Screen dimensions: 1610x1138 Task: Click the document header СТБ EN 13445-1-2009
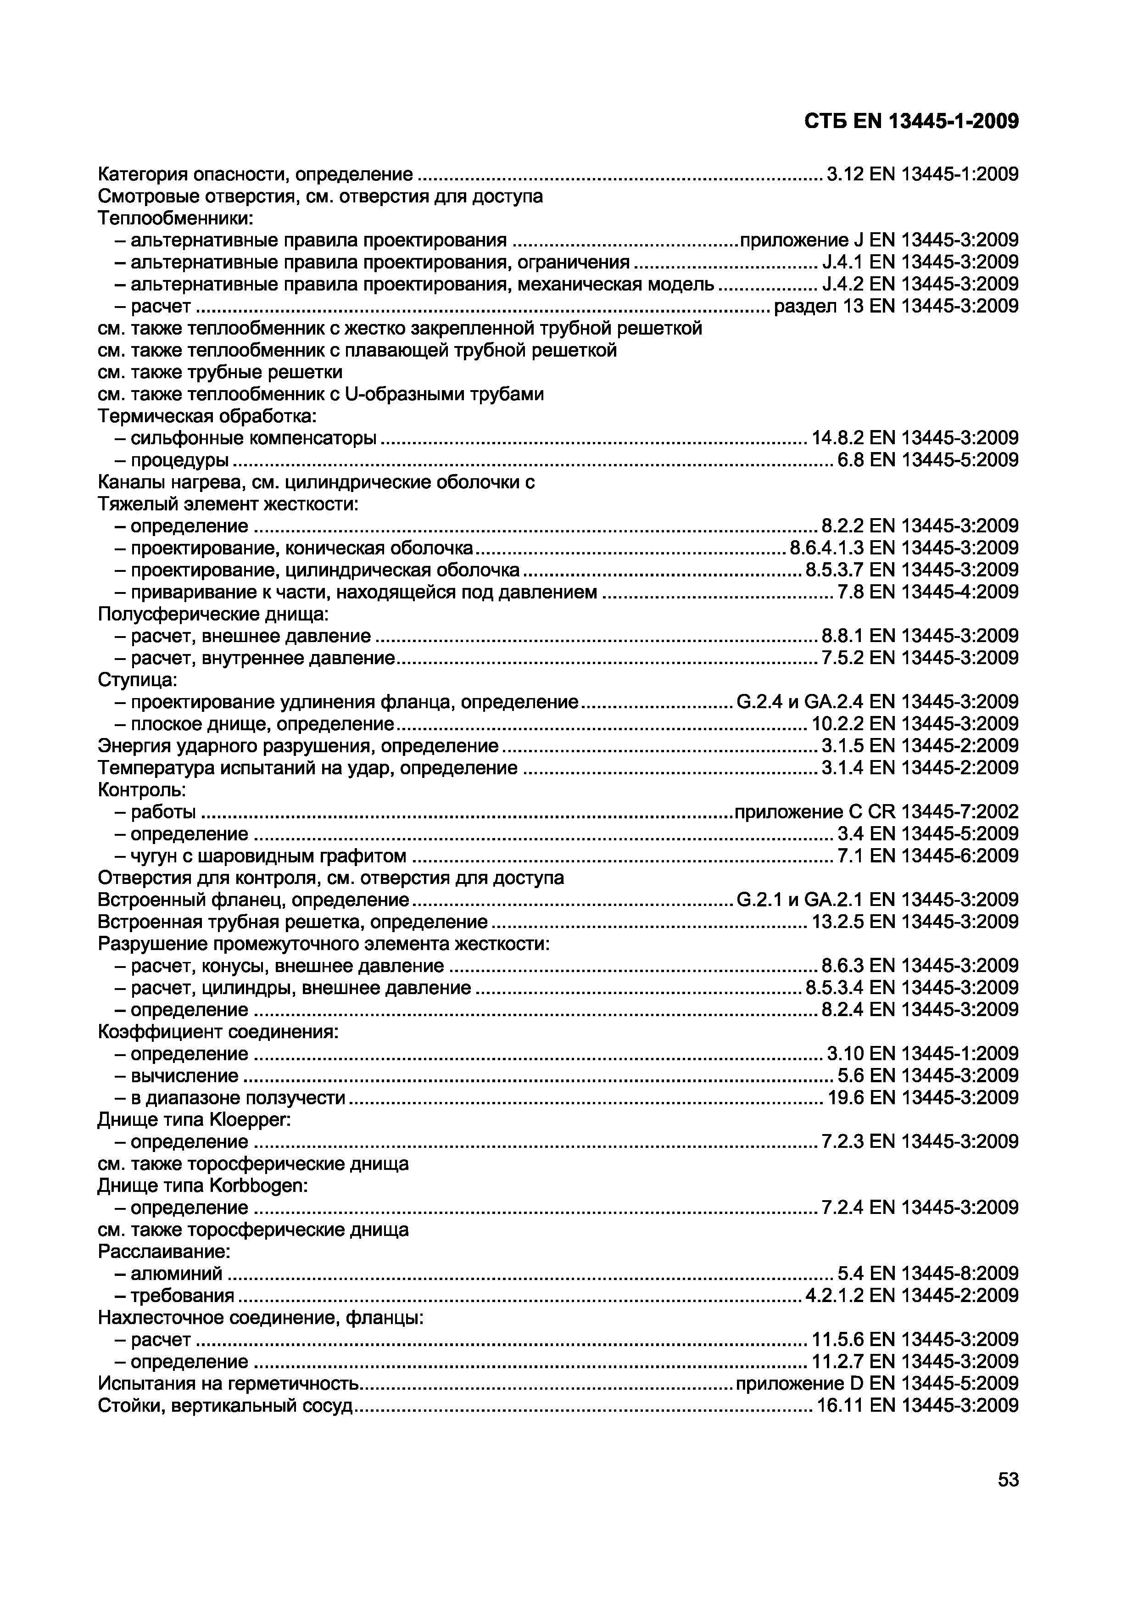click(911, 121)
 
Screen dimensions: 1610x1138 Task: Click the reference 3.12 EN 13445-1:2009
click(922, 174)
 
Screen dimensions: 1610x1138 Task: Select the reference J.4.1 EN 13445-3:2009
click(919, 262)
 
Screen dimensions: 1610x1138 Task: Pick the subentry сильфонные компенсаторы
click(253, 438)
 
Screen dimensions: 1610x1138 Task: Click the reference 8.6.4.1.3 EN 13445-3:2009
click(903, 548)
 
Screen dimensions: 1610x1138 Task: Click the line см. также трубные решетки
click(220, 372)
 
